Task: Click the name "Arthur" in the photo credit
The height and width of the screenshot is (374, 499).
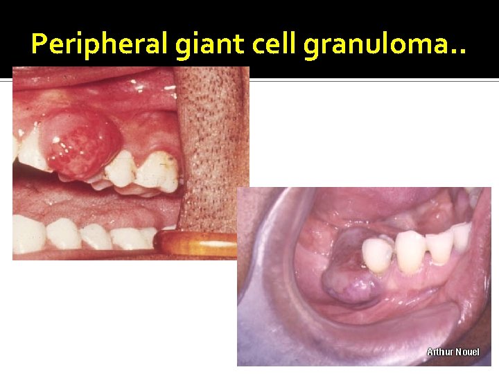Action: [439, 353]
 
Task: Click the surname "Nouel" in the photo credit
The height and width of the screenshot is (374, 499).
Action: [466, 353]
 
